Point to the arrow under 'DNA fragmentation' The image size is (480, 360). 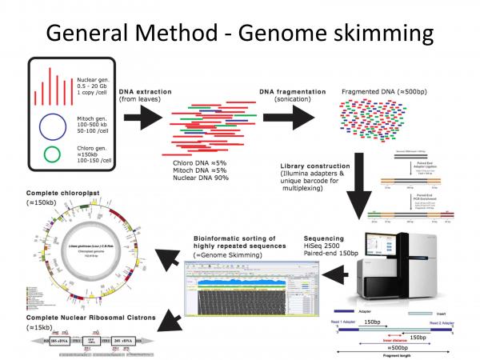pyautogui.click(x=287, y=113)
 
